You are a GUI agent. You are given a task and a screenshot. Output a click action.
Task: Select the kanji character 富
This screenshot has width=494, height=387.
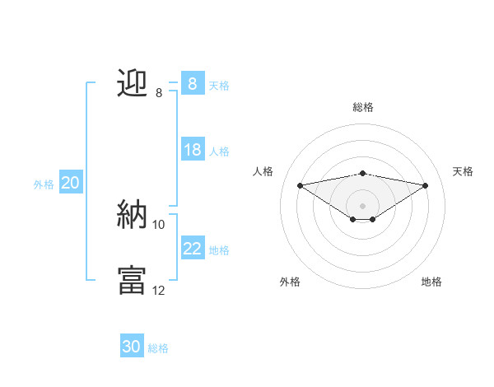(133, 280)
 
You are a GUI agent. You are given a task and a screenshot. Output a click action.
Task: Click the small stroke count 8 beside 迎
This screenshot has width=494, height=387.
(159, 93)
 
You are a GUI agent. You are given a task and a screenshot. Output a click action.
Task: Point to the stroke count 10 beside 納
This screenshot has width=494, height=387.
(159, 224)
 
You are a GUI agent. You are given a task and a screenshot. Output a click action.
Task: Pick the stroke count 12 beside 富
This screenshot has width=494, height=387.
(159, 290)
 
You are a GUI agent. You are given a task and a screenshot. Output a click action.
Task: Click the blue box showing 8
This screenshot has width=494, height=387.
(192, 83)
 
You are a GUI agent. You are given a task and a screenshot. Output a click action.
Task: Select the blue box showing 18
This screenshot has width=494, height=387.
(192, 150)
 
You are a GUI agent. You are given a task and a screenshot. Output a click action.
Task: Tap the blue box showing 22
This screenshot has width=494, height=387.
(192, 248)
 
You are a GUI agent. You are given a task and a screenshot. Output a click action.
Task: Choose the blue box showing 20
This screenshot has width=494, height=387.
(71, 183)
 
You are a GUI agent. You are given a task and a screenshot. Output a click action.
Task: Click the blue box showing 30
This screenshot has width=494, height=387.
(132, 347)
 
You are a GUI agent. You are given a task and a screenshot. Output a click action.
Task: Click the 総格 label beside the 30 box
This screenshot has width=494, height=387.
(158, 348)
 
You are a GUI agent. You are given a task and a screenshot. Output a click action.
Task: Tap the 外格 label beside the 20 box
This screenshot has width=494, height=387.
(44, 184)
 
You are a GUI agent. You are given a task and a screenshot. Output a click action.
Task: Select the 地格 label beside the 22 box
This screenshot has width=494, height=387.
(219, 249)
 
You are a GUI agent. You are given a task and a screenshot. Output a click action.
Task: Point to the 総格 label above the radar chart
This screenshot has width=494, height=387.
(362, 107)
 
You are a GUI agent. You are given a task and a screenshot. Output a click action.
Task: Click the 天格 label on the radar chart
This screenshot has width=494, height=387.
(464, 171)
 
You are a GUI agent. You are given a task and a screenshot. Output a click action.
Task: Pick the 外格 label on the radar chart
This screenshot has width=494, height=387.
(290, 282)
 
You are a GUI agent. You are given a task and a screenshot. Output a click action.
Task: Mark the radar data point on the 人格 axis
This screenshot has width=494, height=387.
(300, 184)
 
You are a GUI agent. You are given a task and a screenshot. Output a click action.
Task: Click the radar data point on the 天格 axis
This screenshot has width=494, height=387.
(426, 184)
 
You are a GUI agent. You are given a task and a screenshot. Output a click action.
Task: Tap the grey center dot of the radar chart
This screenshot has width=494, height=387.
(362, 205)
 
